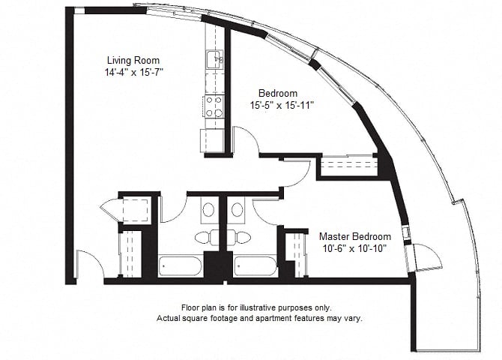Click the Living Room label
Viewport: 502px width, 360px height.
tap(133, 60)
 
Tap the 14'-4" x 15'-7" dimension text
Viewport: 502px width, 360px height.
tap(134, 73)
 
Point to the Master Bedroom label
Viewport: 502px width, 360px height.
tap(355, 236)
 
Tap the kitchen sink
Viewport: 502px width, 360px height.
tap(214, 59)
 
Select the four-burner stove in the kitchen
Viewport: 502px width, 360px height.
tap(214, 106)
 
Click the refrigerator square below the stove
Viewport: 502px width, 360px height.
tap(212, 141)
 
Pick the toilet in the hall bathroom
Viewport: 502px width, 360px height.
tap(203, 238)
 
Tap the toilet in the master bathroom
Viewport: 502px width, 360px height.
tap(242, 238)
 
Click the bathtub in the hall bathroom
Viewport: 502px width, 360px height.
tap(181, 265)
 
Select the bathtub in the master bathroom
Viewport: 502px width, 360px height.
tap(255, 265)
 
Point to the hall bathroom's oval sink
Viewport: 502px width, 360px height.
tap(208, 210)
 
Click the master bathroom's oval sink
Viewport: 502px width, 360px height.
tap(238, 210)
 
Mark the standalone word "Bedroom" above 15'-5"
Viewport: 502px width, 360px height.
tap(278, 93)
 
